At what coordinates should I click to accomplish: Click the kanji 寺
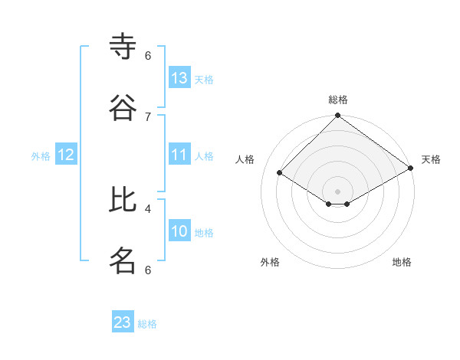pyautogui.click(x=123, y=46)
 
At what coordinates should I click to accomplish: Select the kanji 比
pyautogui.click(x=123, y=200)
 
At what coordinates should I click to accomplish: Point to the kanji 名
pyautogui.click(x=123, y=260)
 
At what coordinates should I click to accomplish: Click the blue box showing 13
pyautogui.click(x=179, y=78)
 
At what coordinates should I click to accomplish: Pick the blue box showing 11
pyautogui.click(x=179, y=155)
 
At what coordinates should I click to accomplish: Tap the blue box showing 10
pyautogui.click(x=179, y=231)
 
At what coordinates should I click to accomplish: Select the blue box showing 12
pyautogui.click(x=66, y=155)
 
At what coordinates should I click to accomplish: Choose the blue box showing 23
pyautogui.click(x=123, y=322)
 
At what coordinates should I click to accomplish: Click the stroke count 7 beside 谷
pyautogui.click(x=148, y=116)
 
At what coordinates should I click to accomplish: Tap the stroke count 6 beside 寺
pyautogui.click(x=148, y=55)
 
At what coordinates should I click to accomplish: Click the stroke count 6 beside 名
pyautogui.click(x=148, y=270)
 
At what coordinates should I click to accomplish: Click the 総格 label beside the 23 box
pyautogui.click(x=147, y=324)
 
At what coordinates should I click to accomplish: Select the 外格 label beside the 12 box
pyautogui.click(x=41, y=156)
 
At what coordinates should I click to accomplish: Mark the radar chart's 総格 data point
pyautogui.click(x=338, y=116)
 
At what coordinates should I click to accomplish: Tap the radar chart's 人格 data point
pyautogui.click(x=280, y=172)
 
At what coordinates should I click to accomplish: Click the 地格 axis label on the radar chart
pyautogui.click(x=402, y=262)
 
